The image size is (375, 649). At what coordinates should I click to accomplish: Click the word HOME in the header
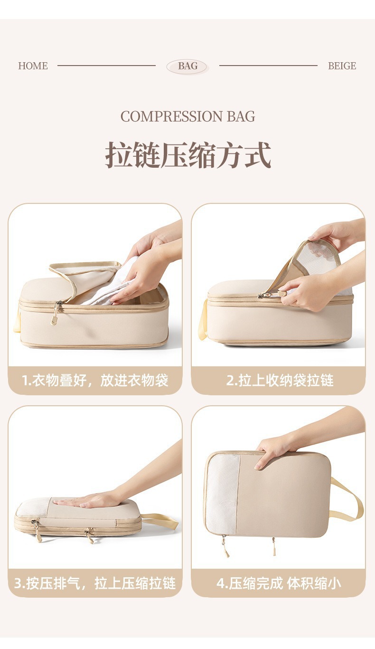33,66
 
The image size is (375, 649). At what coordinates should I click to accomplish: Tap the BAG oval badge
187,67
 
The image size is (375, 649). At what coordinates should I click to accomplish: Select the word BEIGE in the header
342,66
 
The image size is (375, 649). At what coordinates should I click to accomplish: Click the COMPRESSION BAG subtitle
187,116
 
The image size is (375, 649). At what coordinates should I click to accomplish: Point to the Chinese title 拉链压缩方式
188,155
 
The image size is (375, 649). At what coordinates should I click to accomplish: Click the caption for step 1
95,380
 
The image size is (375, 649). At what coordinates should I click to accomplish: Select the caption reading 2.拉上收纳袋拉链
280,380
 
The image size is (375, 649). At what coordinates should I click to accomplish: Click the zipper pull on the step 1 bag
56,314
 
